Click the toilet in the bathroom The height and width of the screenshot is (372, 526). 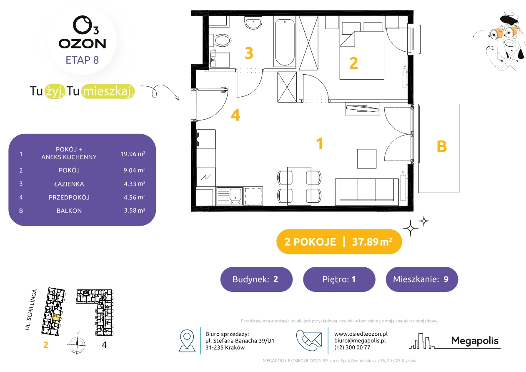point(220,40)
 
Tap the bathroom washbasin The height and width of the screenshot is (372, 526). point(253,23)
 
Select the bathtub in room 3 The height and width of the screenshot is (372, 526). point(285,42)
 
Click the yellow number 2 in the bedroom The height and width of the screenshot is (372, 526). point(353,63)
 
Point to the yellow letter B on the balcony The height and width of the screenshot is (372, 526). point(442,146)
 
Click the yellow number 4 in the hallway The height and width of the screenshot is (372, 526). point(235,115)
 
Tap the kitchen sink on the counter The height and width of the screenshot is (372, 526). point(229,196)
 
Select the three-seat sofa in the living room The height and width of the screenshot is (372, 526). point(366,192)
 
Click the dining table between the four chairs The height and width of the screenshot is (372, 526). point(299,186)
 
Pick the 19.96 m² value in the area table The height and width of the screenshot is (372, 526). point(133,154)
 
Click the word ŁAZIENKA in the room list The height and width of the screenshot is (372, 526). point(69,184)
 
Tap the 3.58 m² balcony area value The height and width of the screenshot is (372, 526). point(135,210)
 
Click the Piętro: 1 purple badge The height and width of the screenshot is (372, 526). point(339,279)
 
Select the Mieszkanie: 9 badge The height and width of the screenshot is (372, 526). point(422,279)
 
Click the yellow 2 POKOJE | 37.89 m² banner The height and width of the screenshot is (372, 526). point(339,241)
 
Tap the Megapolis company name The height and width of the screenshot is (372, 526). point(475,340)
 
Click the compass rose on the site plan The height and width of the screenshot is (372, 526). point(77,344)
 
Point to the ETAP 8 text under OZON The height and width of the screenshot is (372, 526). point(82,60)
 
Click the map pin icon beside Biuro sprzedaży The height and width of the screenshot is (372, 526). point(187,340)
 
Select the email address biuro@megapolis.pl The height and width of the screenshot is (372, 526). point(360,340)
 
